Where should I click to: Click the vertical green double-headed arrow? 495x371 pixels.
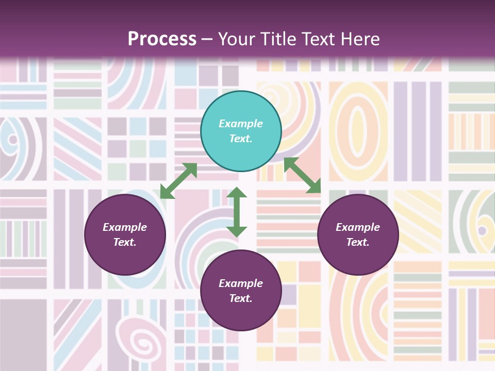[x=237, y=212]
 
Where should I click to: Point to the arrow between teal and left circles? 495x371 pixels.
[x=178, y=181]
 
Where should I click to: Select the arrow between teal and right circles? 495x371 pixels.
[x=302, y=175]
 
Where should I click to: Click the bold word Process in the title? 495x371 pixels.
[x=162, y=39]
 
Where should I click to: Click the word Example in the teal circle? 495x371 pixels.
[x=241, y=124]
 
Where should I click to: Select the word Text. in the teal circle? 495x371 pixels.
[x=241, y=139]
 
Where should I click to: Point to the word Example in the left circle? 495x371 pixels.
[x=125, y=227]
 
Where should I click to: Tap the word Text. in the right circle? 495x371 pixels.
[x=358, y=242]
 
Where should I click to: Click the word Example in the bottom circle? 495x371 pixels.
[x=241, y=283]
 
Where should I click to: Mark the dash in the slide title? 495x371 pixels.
[x=207, y=39]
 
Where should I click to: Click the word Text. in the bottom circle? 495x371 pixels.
[x=241, y=298]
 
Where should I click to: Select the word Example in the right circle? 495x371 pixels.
[x=358, y=227]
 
